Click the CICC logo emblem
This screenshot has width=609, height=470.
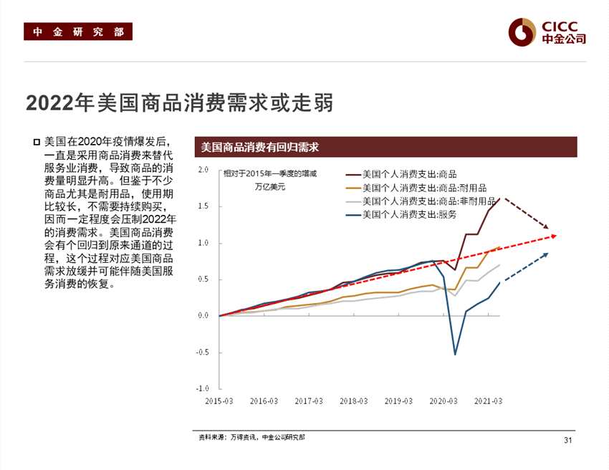[x=522, y=32]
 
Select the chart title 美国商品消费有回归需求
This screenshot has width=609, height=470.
[x=259, y=147]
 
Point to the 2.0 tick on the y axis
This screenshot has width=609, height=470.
[x=203, y=171]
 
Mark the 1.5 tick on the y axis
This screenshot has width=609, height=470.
[x=203, y=206]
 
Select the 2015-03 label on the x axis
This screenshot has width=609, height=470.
[x=220, y=401]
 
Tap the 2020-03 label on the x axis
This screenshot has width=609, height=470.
[x=443, y=401]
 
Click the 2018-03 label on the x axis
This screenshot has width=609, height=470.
[x=353, y=401]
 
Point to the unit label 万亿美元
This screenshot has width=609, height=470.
[x=269, y=187]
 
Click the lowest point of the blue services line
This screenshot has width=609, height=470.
[x=454, y=354]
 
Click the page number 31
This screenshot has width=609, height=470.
[x=568, y=440]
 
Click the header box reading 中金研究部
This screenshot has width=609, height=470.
[x=78, y=32]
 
